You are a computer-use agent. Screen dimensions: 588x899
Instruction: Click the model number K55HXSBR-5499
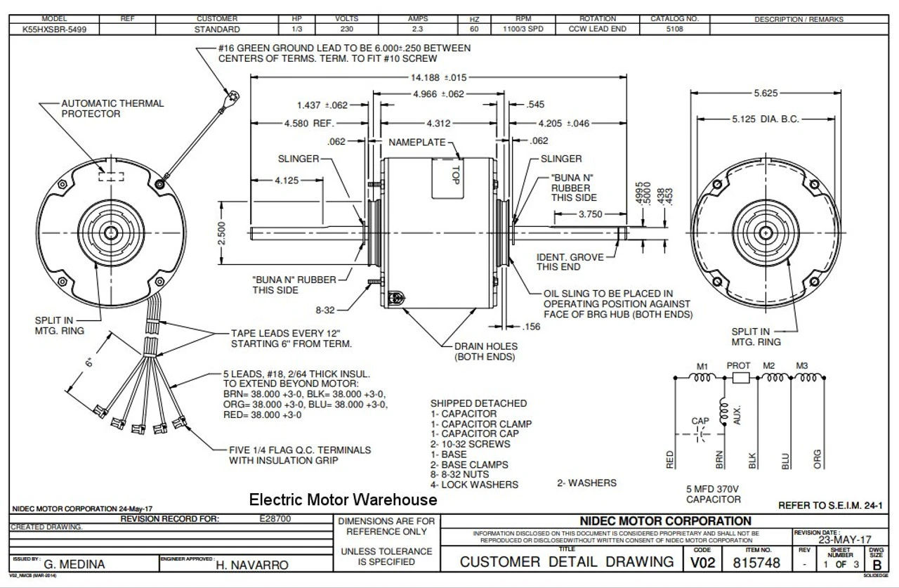click(51, 30)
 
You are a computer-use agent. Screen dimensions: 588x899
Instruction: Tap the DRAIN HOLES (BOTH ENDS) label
click(485, 351)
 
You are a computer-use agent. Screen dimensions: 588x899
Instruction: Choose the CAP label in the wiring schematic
click(700, 421)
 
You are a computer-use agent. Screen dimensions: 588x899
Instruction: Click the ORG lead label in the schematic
click(818, 459)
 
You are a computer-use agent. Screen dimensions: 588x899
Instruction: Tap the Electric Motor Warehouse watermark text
click(343, 499)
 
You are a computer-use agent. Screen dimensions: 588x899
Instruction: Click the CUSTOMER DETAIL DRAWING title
click(566, 561)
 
